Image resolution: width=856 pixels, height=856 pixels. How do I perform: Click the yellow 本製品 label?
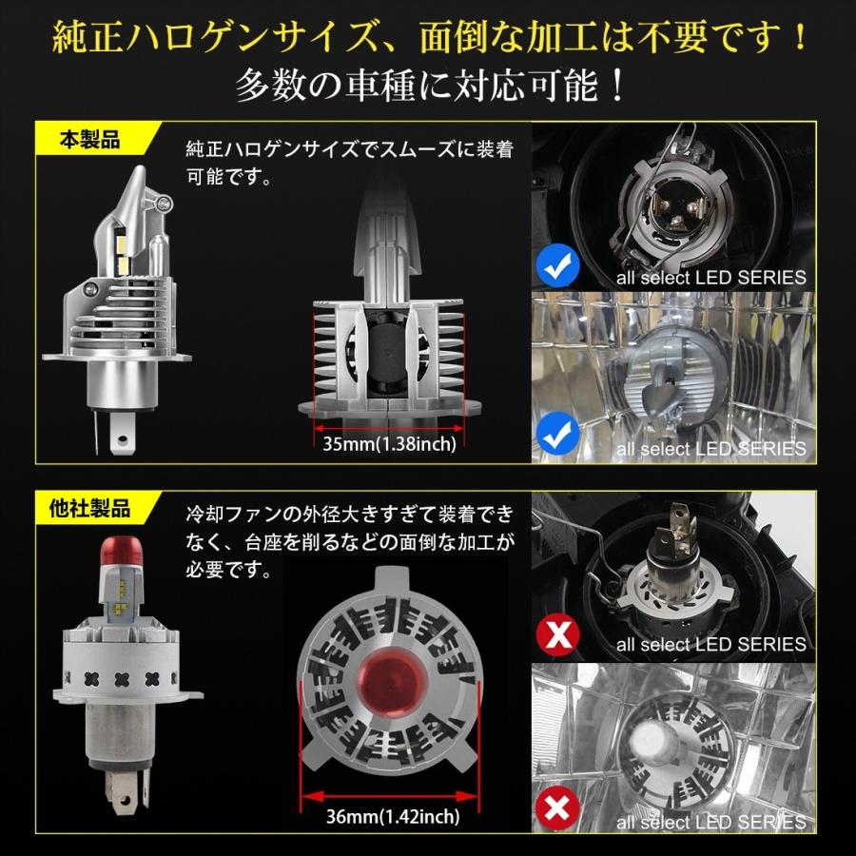pyautogui.click(x=90, y=141)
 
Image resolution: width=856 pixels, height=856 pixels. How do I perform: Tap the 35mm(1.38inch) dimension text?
pyautogui.click(x=389, y=443)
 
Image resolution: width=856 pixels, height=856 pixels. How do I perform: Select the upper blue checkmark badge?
pyautogui.click(x=555, y=267)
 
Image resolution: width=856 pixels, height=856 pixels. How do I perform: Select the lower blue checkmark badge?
pyautogui.click(x=555, y=436)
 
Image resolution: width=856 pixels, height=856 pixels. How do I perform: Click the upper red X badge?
pyautogui.click(x=556, y=632)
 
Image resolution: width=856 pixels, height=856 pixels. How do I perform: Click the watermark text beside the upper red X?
pyautogui.click(x=710, y=645)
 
